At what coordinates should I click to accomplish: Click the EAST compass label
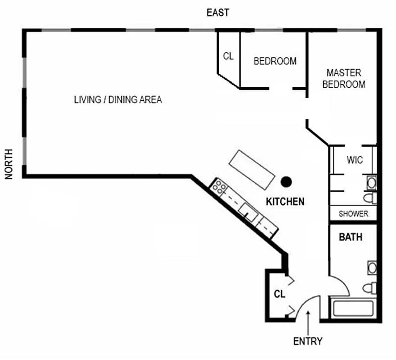[x=218, y=13]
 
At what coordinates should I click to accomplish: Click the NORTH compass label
[x=9, y=164]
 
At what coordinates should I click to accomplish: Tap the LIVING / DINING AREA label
[x=118, y=99]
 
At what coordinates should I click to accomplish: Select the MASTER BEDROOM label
[x=344, y=79]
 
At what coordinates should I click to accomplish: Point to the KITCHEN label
[x=285, y=202]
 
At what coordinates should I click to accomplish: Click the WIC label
[x=355, y=160]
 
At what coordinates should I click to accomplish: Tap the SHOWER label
[x=353, y=214]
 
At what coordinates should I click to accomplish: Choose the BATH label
[x=351, y=237]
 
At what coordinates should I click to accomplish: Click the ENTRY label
[x=308, y=341]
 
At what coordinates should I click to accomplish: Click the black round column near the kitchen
[x=286, y=182]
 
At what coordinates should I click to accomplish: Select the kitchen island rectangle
[x=252, y=170]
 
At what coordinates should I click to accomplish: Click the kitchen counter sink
[x=248, y=213]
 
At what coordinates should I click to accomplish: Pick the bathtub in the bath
[x=353, y=308]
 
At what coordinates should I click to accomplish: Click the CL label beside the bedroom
[x=228, y=56]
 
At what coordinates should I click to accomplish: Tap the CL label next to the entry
[x=279, y=294]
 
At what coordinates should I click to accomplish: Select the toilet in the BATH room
[x=370, y=288]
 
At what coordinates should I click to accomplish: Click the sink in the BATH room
[x=372, y=268]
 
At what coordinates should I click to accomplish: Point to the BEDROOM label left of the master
[x=275, y=61]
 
